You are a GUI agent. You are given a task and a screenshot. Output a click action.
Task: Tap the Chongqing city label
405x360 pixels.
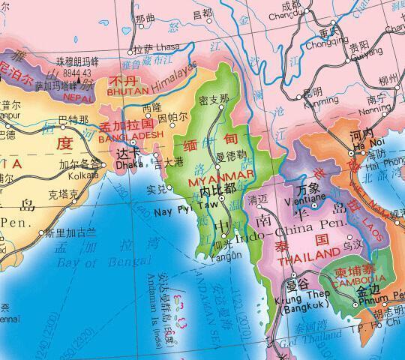(x=324, y=43)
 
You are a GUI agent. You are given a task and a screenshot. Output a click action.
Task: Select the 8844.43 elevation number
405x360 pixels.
(x=77, y=73)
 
